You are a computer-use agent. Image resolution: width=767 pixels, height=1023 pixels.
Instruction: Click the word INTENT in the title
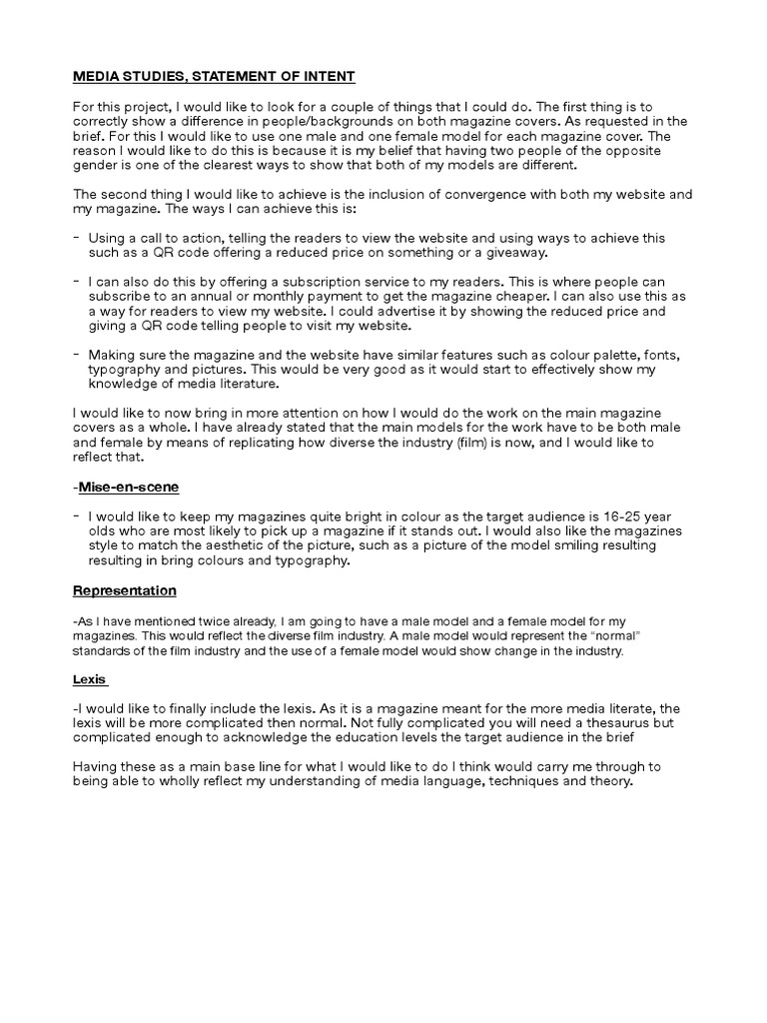(329, 77)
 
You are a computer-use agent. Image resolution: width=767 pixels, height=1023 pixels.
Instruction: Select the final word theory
(608, 781)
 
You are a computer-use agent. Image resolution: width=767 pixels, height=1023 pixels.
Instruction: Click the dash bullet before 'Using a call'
(78, 239)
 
